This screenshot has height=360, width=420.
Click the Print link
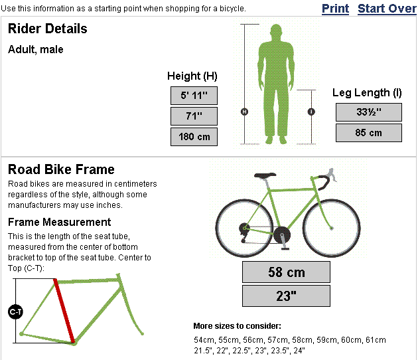[335, 9]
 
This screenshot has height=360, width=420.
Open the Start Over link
[387, 9]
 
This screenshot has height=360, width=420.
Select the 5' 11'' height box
[194, 96]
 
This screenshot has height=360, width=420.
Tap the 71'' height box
[194, 117]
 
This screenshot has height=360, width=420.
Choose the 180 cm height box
[194, 137]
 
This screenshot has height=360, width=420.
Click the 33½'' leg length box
[368, 112]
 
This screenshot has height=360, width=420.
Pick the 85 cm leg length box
[368, 133]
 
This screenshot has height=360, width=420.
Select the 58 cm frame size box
[286, 272]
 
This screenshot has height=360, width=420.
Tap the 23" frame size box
[286, 296]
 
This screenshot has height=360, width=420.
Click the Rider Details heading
[47, 29]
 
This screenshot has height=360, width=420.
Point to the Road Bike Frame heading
[61, 169]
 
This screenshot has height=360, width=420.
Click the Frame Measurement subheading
[59, 222]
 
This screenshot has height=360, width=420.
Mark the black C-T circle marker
[15, 311]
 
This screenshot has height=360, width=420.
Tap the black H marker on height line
[244, 112]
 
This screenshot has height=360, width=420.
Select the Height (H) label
[192, 76]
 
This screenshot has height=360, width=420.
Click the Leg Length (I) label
[367, 93]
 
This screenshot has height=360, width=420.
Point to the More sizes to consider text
[237, 326]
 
